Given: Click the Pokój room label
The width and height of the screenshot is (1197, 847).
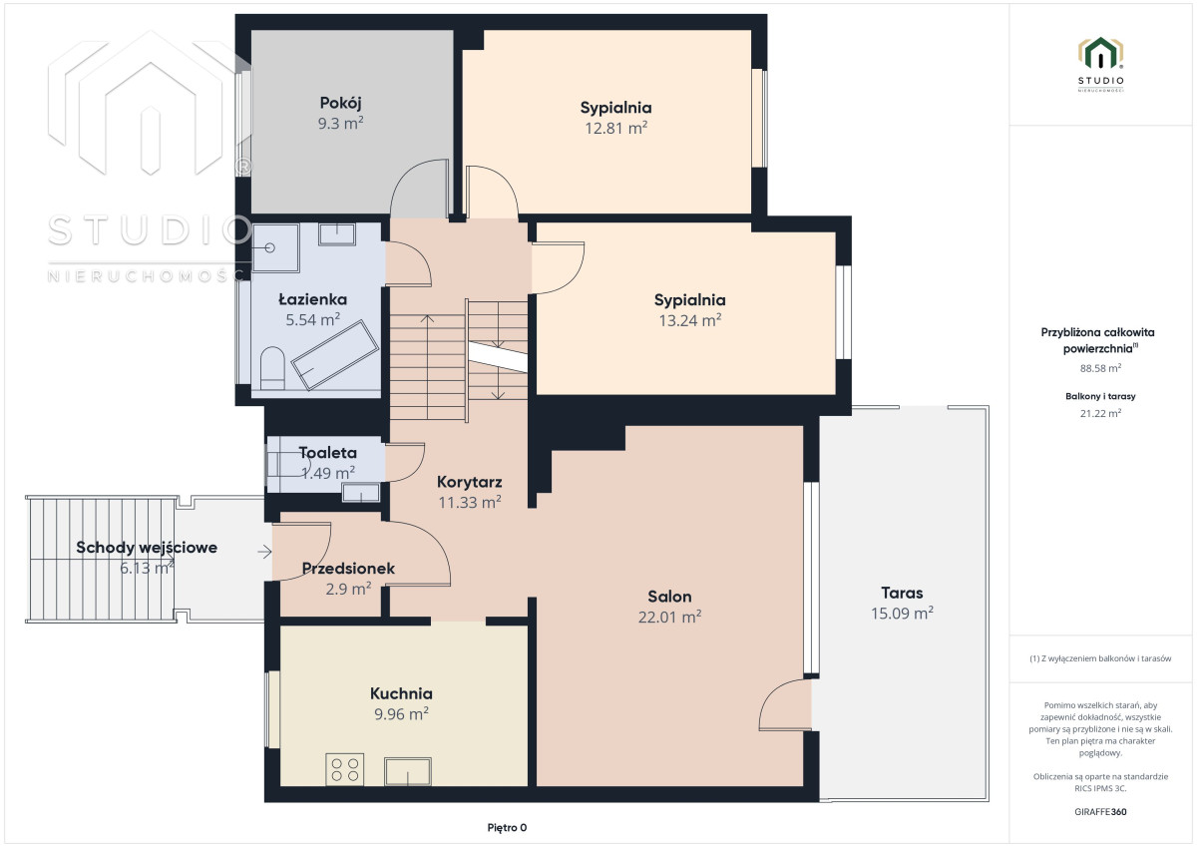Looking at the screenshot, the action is (340, 103).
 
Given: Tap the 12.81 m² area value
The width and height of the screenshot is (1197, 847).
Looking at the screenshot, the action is (615, 129).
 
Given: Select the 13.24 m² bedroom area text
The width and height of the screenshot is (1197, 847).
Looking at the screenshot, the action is (690, 320).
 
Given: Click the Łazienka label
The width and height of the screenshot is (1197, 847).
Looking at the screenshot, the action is (312, 299).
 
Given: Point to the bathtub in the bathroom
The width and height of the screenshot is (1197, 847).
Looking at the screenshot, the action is (335, 355).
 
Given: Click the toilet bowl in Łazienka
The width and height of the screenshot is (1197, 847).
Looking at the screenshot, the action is (272, 368).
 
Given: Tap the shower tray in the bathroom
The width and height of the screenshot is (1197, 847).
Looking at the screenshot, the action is (275, 248).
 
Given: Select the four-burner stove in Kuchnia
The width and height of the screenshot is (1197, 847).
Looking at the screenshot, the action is (345, 769).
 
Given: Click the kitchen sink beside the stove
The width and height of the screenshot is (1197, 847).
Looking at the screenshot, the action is (408, 771).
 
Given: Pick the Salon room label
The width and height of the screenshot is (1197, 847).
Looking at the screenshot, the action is (669, 596).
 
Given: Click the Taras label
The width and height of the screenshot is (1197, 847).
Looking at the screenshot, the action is (902, 593).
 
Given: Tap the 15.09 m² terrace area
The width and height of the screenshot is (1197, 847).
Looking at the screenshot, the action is (902, 613).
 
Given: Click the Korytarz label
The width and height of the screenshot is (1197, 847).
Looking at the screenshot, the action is (469, 482).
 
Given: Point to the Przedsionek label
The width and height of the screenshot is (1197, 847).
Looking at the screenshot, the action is (348, 568).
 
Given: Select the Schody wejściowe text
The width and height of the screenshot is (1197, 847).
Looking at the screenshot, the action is (147, 548).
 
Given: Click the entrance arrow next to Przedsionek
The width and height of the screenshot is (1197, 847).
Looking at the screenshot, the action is (264, 552).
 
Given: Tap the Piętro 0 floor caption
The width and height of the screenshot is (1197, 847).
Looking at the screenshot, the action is (507, 827).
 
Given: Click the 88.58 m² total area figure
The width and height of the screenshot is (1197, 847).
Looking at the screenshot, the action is (1100, 368).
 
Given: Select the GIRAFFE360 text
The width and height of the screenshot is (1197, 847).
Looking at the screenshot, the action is (1100, 812).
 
